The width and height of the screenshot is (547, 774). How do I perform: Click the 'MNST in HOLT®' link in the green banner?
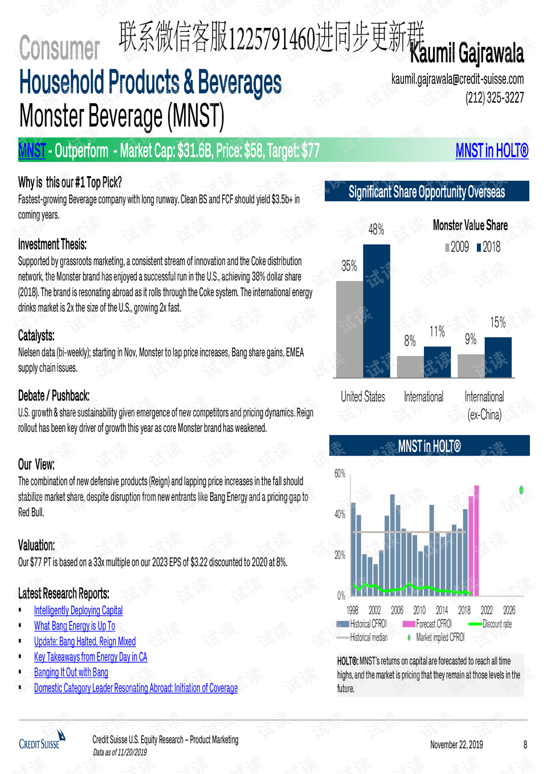point(492,151)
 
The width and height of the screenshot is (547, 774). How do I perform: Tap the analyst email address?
point(458,79)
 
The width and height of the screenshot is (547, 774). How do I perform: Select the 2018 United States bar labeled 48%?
point(377,311)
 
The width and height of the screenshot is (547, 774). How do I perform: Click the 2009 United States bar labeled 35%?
point(350,329)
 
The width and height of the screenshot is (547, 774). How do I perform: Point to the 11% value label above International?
point(437,332)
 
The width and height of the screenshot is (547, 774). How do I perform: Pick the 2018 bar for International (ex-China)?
point(498,357)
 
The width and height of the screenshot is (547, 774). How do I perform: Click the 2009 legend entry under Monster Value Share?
point(457,247)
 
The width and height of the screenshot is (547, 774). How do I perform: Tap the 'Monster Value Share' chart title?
point(470,225)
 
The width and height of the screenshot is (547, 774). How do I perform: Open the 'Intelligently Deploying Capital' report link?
point(78,610)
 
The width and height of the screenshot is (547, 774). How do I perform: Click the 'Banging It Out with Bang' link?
point(71,672)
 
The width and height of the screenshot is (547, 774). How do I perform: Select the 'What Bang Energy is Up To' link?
point(75,626)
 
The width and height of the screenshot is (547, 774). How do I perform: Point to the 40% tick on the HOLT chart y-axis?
point(340,514)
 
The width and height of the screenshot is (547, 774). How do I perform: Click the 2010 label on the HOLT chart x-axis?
point(419,610)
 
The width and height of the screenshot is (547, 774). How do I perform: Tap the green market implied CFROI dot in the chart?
point(521,489)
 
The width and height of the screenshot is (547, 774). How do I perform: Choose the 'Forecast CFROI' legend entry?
point(427,623)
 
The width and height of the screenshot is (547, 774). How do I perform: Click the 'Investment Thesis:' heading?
point(52,245)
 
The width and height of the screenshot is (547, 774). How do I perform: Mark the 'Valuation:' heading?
point(36,545)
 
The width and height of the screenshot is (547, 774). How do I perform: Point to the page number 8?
point(525,744)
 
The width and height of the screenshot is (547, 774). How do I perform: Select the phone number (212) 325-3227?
point(495,98)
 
